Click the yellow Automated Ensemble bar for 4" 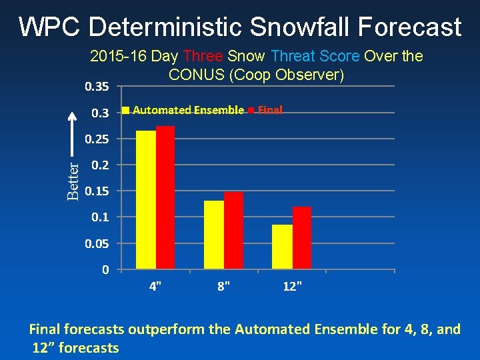click(x=145, y=200)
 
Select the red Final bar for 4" click(x=165, y=197)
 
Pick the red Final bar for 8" click(x=233, y=231)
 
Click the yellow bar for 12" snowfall click(x=282, y=247)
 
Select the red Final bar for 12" click(x=302, y=238)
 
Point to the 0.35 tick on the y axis click(x=97, y=86)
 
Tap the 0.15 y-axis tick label click(x=97, y=191)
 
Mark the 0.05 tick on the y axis click(x=97, y=244)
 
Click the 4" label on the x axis click(x=155, y=287)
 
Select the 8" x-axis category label click(x=224, y=287)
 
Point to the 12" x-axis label click(x=292, y=287)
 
